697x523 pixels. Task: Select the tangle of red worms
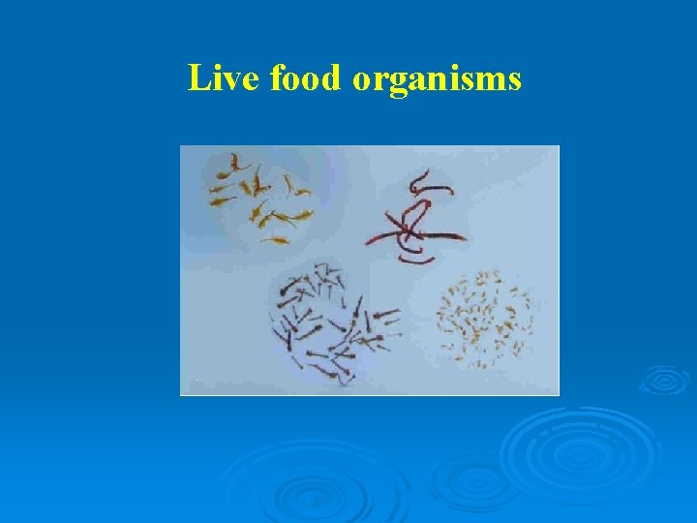coord(422,223)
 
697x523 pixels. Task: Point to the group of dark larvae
coord(334,320)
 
